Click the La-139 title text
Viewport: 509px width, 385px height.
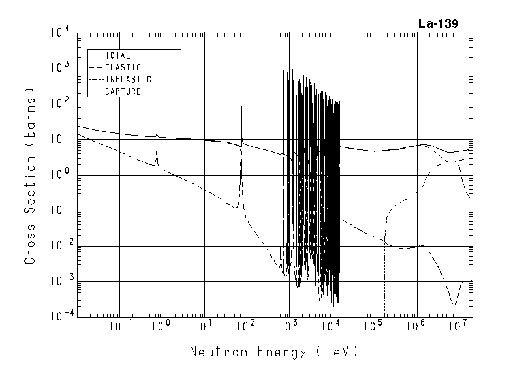(438, 24)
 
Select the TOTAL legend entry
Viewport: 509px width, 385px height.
(117, 55)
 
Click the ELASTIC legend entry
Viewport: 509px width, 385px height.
(123, 67)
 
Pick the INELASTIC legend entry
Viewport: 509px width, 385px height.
(128, 79)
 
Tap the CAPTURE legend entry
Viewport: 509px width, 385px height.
(123, 91)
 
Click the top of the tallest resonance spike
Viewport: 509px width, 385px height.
(241, 40)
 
